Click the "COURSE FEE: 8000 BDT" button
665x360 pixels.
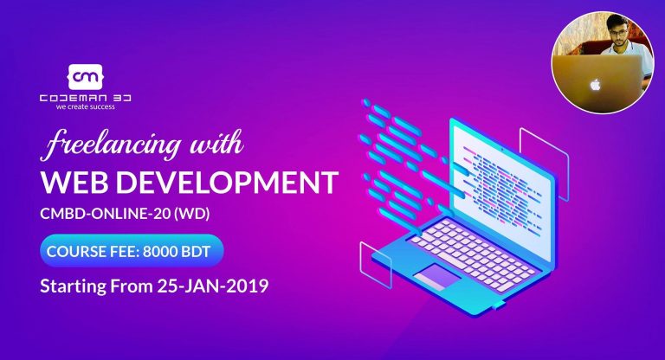point(131,252)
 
